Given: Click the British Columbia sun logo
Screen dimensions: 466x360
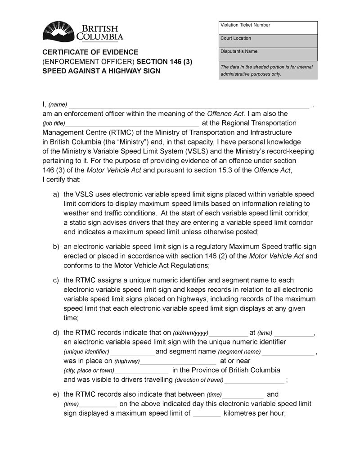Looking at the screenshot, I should click(x=58, y=32).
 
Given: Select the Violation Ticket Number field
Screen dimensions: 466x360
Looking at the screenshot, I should click(x=268, y=28).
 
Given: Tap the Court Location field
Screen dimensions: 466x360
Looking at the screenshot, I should click(x=268, y=41).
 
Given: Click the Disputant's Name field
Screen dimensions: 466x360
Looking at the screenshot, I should click(x=268, y=54).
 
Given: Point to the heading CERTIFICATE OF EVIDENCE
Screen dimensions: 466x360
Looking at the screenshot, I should click(x=90, y=52).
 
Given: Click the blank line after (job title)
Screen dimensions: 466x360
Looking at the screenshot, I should click(x=132, y=124).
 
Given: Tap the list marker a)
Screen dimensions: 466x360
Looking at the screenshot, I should click(x=56, y=195).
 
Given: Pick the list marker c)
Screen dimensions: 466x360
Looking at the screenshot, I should click(x=56, y=281).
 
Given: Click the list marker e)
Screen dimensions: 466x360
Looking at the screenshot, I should click(x=56, y=395).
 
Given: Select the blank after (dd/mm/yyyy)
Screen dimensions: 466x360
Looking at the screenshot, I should click(x=229, y=334).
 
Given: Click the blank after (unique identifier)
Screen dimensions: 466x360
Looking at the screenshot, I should click(x=132, y=352).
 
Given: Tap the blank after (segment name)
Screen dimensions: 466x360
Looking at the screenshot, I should click(x=288, y=352).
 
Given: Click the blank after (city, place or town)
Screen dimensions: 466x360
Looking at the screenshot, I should click(x=142, y=371).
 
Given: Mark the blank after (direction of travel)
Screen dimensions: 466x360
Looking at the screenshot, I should click(x=254, y=380).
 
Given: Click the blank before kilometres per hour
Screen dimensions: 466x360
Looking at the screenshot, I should click(x=207, y=414).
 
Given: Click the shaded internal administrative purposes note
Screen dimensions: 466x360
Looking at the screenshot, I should click(x=268, y=71).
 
